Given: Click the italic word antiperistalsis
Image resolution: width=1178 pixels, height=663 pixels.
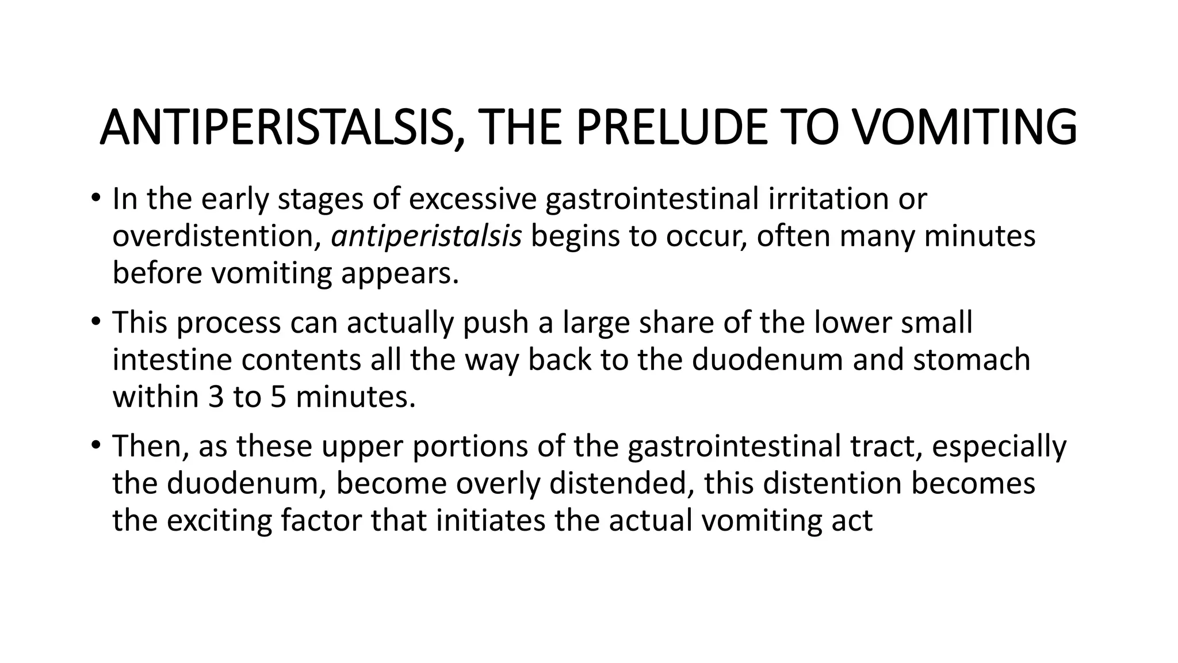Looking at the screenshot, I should tap(426, 237).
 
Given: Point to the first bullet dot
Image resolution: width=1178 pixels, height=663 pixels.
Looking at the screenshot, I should tap(95, 199).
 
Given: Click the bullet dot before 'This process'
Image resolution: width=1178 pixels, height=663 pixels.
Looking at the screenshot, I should tap(95, 322).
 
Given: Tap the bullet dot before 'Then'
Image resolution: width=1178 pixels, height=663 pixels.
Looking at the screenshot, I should tap(95, 446).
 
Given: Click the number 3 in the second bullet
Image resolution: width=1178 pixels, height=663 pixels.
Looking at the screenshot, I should tap(216, 397).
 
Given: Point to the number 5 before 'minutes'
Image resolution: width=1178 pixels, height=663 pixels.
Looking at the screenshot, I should tap(278, 397).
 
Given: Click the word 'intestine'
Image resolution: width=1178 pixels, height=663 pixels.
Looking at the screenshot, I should tap(172, 360).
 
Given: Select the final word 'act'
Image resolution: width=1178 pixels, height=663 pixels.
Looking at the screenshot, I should tap(855, 520).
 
